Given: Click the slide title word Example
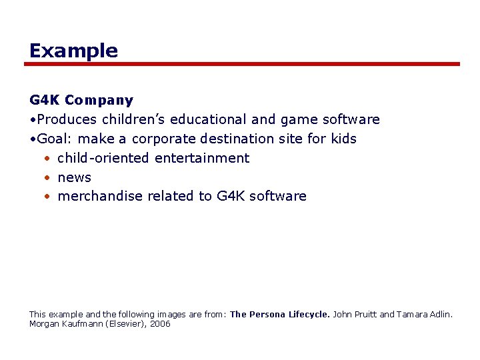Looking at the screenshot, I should pyautogui.click(x=73, y=51).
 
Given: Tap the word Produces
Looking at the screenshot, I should pyautogui.click(x=67, y=120).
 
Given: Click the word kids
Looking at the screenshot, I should pyautogui.click(x=343, y=139).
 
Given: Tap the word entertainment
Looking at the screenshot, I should pyautogui.click(x=202, y=159).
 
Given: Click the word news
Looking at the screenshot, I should pyautogui.click(x=75, y=177).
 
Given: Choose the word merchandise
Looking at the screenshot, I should pyautogui.click(x=101, y=197).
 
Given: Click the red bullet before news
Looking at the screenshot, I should pyautogui.click(x=48, y=178).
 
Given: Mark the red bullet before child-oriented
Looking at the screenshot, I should pyautogui.click(x=48, y=159).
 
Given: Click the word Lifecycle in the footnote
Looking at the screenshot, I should pyautogui.click(x=309, y=314).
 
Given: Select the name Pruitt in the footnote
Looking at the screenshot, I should pyautogui.click(x=363, y=314).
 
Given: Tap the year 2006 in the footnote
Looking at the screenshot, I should pyautogui.click(x=160, y=324).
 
